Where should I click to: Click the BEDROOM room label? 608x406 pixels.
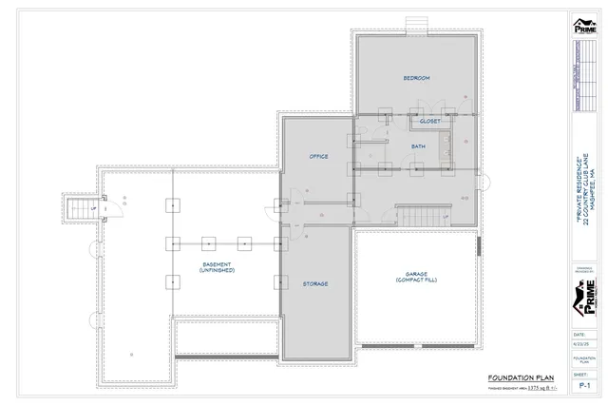(417, 77)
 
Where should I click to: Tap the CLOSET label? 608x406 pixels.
(430, 122)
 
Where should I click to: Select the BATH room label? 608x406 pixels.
(418, 147)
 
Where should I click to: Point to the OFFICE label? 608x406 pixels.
(318, 155)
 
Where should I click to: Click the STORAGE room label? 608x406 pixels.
(316, 284)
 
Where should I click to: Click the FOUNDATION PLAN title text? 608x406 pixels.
(514, 377)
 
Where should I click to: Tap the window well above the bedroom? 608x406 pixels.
(415, 24)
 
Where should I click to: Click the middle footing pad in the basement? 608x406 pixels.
(207, 242)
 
